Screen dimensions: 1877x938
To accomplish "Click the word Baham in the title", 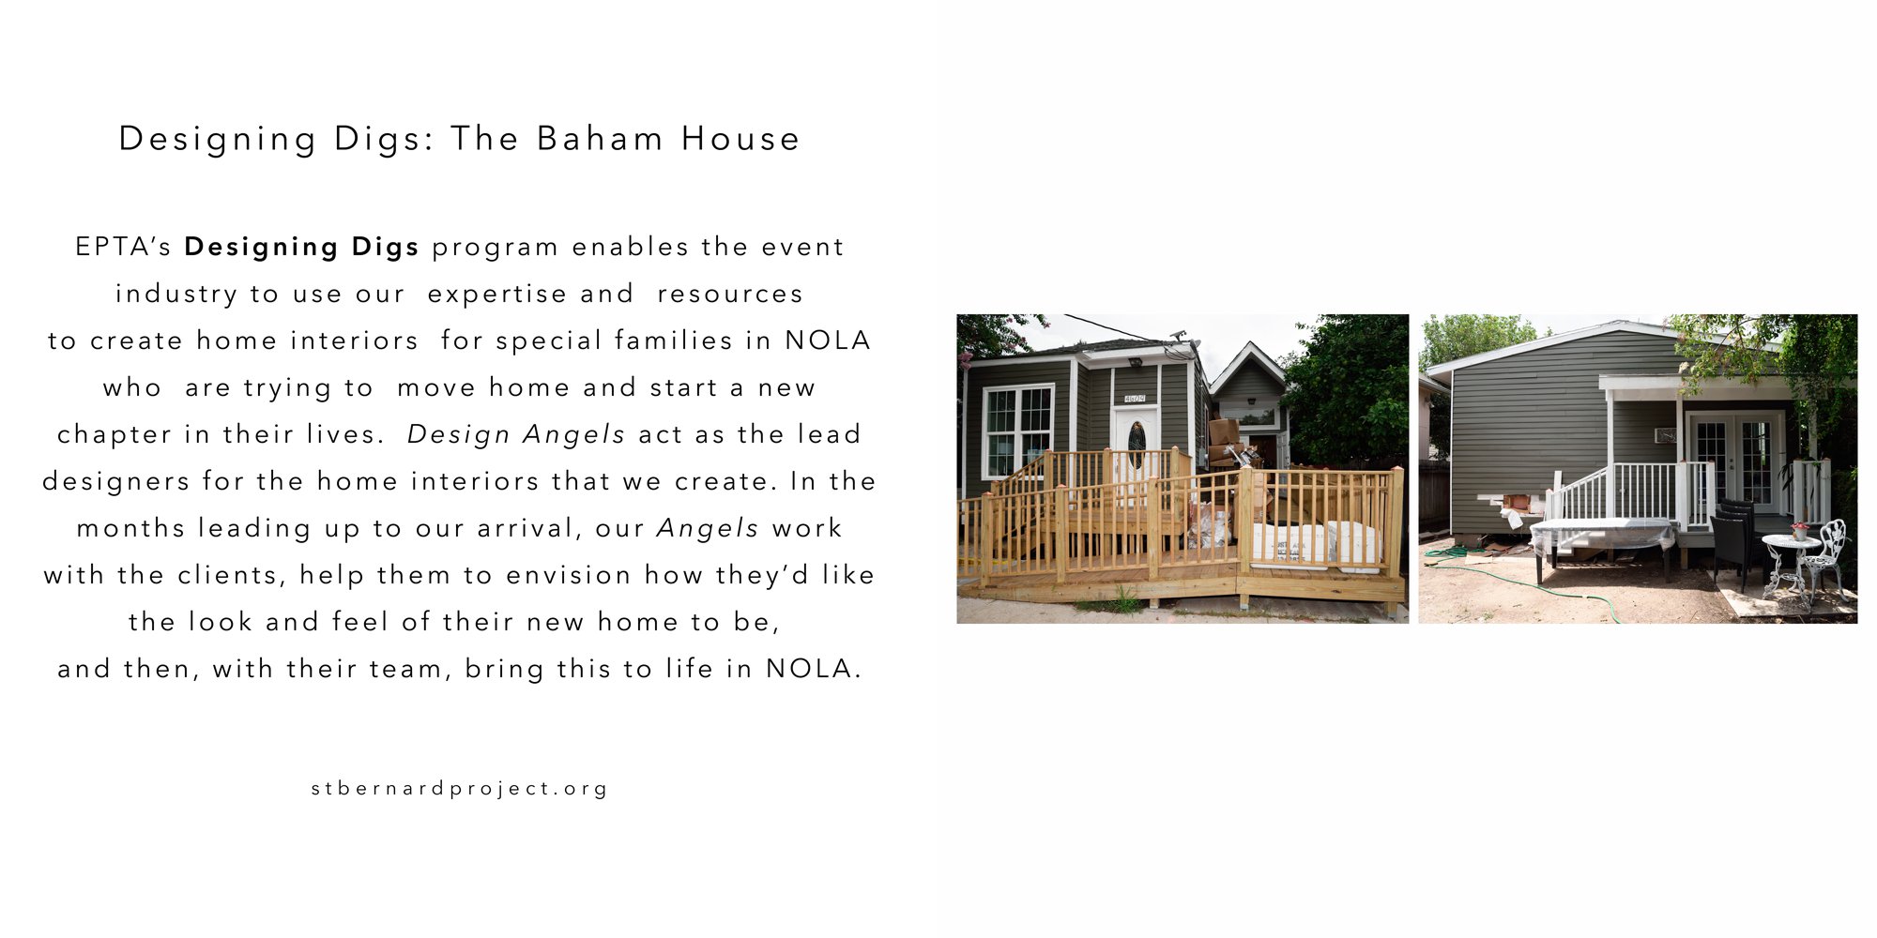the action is point(601,139).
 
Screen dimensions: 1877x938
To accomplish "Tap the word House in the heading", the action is point(740,139).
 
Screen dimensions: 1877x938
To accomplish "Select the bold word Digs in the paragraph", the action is point(386,248).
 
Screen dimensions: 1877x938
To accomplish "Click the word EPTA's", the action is point(124,247).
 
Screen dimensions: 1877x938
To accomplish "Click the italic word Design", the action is point(459,435).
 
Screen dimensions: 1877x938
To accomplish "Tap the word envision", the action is point(569,575).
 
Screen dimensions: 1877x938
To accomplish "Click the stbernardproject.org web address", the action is point(460,789).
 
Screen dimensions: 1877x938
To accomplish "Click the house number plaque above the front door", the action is point(1135,398).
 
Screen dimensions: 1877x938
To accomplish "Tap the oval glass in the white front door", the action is point(1136,444).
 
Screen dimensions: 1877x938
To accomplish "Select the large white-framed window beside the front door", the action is point(1016,431).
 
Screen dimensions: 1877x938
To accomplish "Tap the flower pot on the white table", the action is point(1799,531).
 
